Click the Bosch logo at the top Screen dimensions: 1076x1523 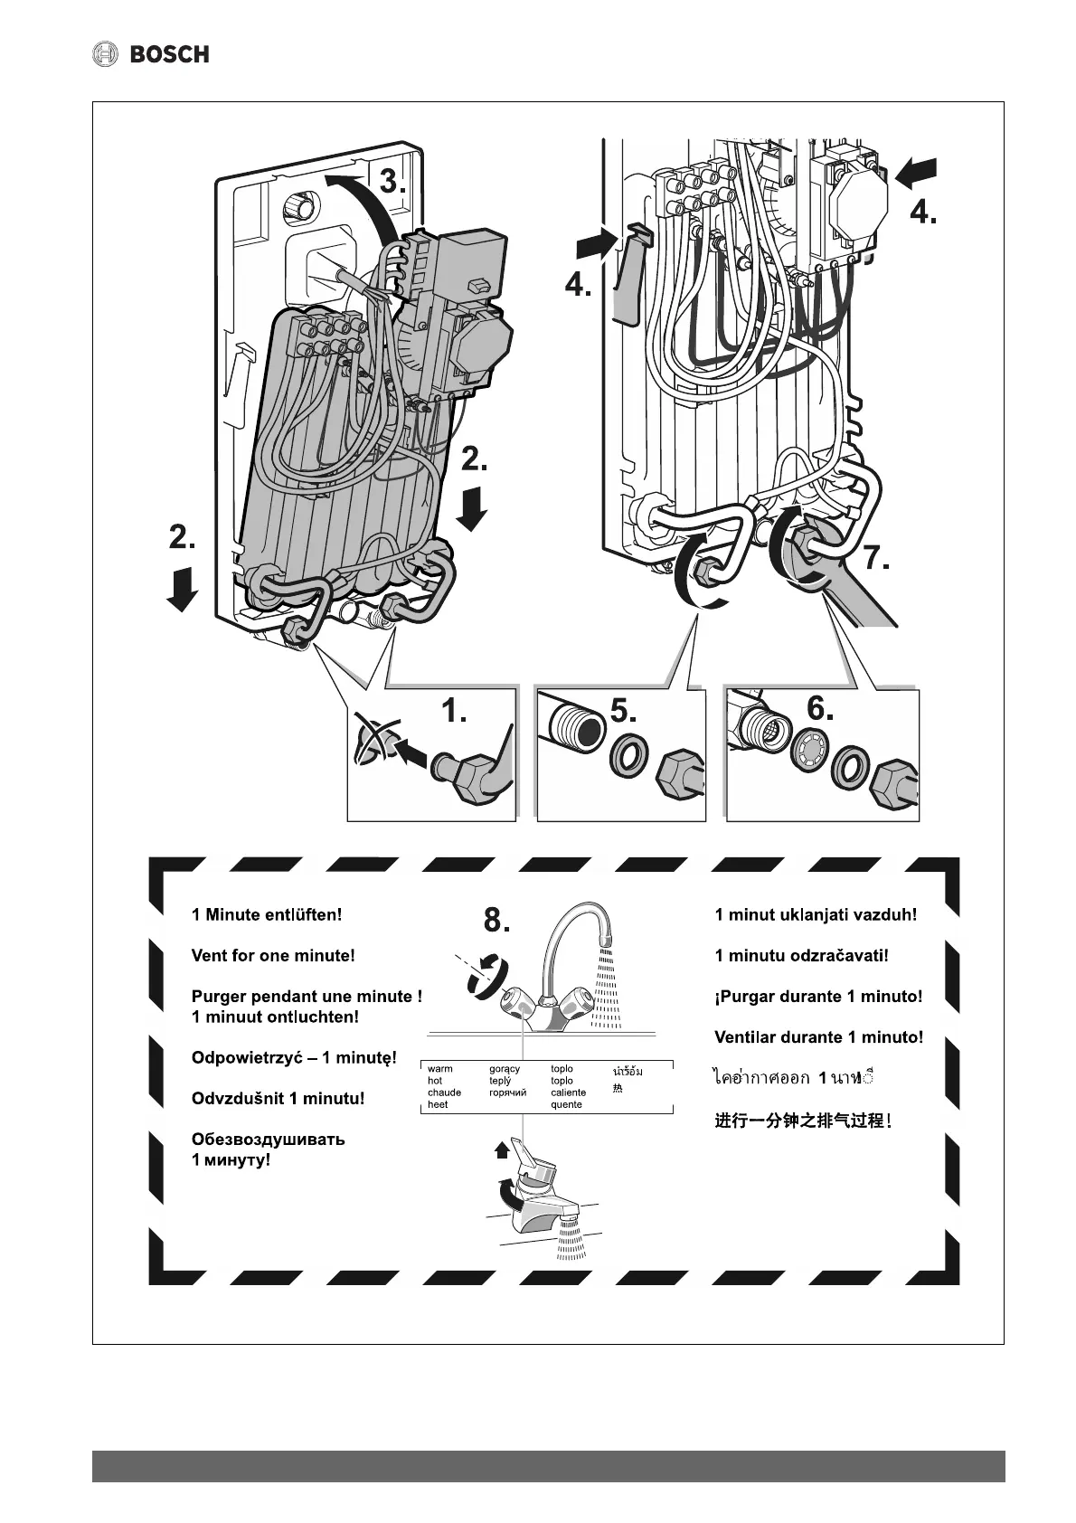click(x=151, y=54)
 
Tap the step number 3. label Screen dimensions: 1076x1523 click(x=392, y=182)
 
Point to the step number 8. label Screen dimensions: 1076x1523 click(x=496, y=920)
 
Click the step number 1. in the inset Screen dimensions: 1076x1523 click(x=454, y=712)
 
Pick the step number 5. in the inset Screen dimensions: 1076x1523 click(x=623, y=711)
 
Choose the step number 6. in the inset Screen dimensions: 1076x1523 click(x=819, y=708)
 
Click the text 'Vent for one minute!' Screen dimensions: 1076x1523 click(x=273, y=955)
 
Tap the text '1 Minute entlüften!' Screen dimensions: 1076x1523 click(x=267, y=914)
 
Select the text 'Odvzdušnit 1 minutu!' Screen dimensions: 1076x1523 click(x=278, y=1099)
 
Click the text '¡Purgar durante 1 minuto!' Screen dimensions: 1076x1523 click(x=818, y=997)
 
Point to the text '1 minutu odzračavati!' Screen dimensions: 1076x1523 click(x=801, y=955)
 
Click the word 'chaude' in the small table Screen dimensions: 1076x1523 click(x=444, y=1093)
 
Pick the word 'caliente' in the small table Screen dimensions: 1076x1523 click(x=568, y=1093)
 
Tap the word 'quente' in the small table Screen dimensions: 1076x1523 click(x=566, y=1104)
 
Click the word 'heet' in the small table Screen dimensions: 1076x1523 click(x=438, y=1104)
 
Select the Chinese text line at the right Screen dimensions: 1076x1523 click(x=803, y=1121)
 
